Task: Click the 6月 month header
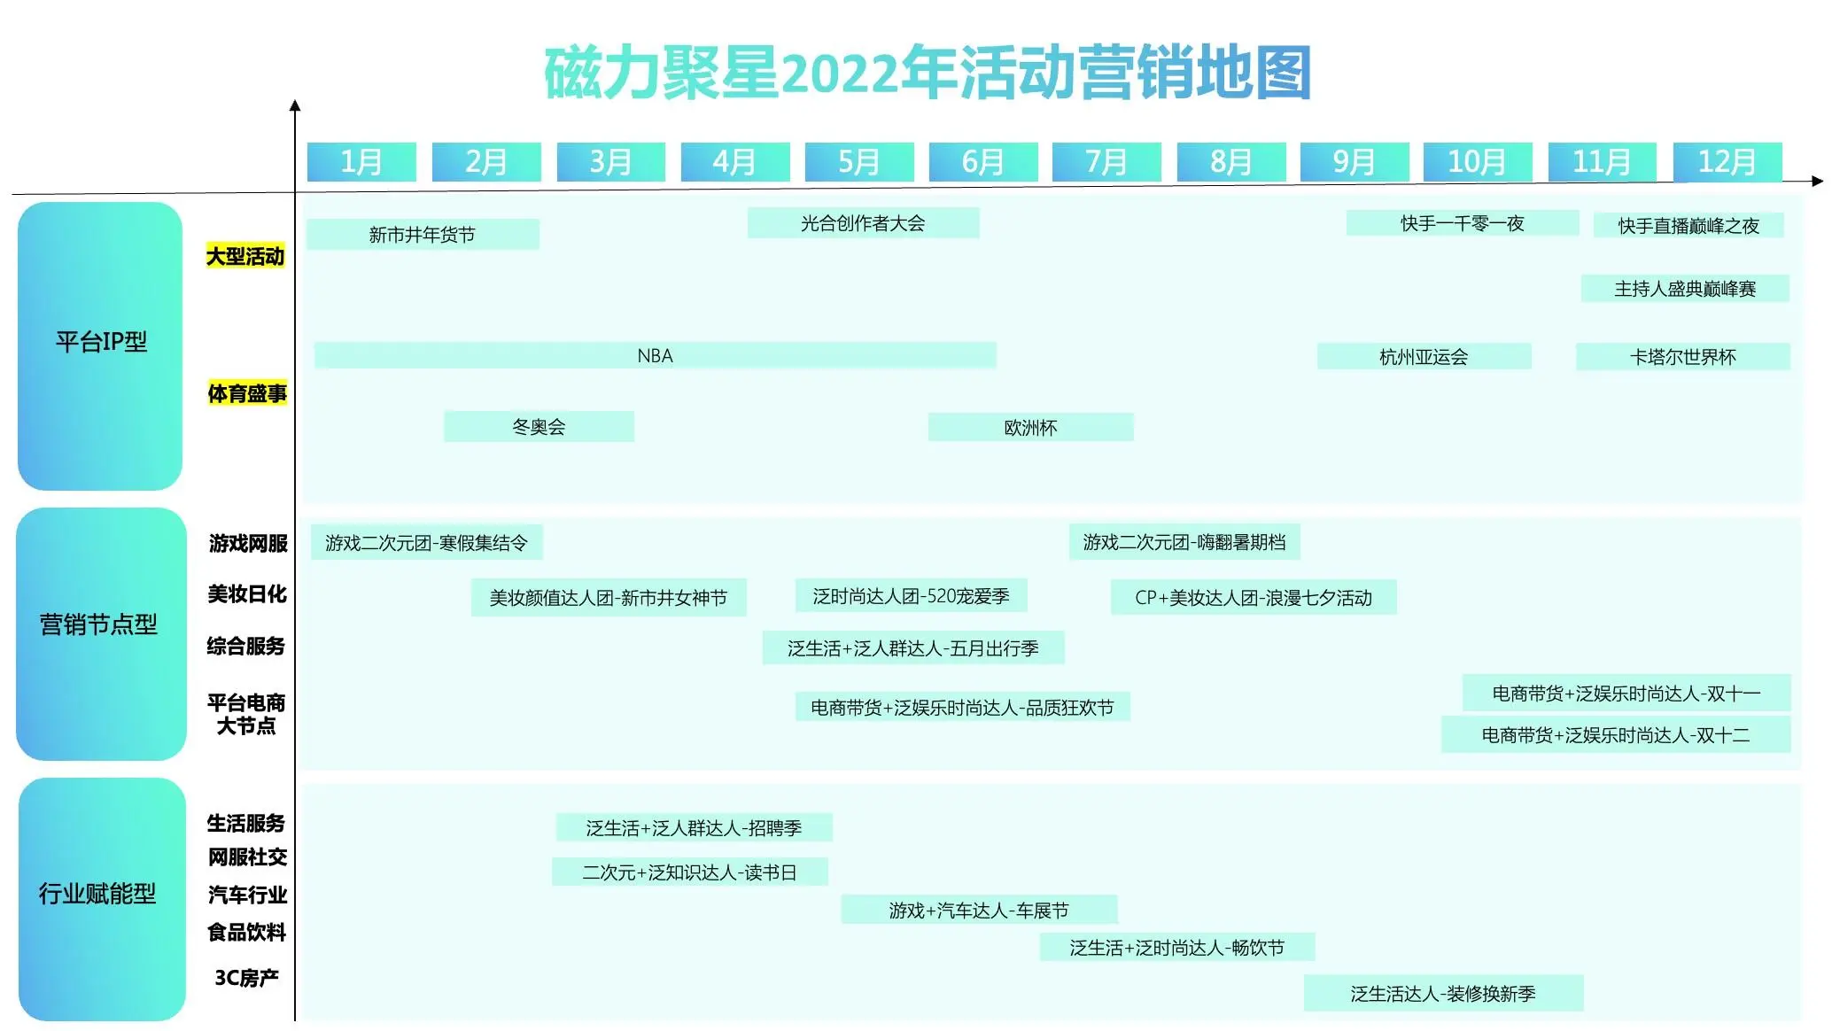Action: [982, 162]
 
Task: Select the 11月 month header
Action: [1602, 162]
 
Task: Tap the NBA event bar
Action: [656, 355]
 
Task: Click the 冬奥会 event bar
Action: [539, 426]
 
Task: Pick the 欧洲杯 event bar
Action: [1031, 427]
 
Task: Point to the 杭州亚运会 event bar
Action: [1424, 356]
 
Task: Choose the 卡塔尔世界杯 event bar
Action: [1683, 356]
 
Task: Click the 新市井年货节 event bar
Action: [423, 234]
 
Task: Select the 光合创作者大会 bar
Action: [864, 222]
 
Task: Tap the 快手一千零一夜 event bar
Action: [1463, 223]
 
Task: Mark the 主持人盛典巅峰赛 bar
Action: [1685, 288]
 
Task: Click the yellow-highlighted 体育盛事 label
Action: [247, 392]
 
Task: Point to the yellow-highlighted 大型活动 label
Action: [245, 256]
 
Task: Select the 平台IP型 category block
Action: [100, 345]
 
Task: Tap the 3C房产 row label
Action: [246, 977]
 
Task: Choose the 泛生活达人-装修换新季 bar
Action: [1443, 993]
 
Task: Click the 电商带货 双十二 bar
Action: [1616, 734]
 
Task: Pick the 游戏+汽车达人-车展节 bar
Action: [979, 910]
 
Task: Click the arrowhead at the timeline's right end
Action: [1818, 181]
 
